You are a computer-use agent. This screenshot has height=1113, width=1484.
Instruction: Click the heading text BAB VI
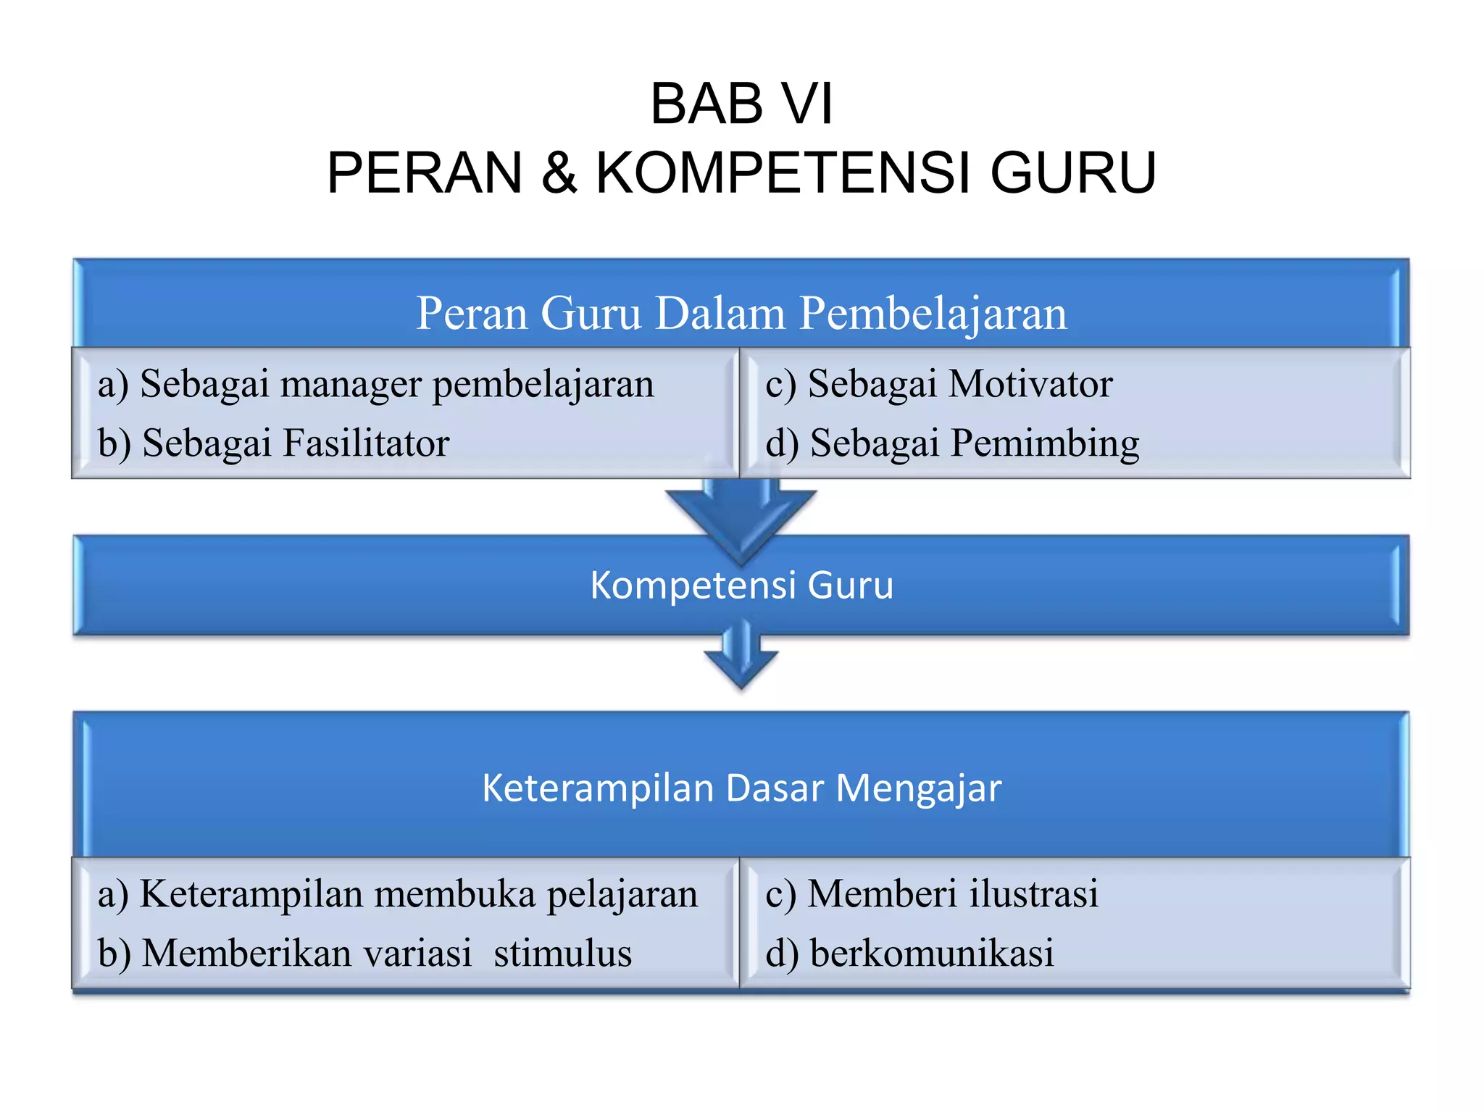[x=741, y=104]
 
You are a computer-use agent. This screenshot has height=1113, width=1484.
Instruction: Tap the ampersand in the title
[x=559, y=173]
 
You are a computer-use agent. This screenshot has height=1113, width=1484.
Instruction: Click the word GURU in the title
[x=1072, y=173]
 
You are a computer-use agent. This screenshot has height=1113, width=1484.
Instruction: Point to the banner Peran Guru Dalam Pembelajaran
[x=741, y=313]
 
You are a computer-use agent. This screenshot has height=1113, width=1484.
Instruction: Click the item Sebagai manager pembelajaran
[x=377, y=384]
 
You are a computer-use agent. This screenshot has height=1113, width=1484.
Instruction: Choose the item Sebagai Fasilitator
[x=274, y=443]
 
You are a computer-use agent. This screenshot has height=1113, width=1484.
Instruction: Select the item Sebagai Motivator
[x=939, y=384]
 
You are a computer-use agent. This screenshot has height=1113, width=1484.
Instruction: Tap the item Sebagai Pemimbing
[x=952, y=443]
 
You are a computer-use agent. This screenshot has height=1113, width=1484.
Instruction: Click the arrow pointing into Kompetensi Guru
[x=741, y=518]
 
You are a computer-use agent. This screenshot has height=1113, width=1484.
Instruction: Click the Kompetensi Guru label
[x=741, y=585]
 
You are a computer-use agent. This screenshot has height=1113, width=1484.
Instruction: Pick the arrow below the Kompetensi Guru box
[x=741, y=659]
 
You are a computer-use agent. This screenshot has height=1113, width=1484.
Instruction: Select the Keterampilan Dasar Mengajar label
[x=741, y=788]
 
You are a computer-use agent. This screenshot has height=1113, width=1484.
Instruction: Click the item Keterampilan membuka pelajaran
[x=399, y=894]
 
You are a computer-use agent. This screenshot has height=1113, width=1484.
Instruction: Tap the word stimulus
[x=562, y=954]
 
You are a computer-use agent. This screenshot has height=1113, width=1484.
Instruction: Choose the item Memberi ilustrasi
[x=932, y=894]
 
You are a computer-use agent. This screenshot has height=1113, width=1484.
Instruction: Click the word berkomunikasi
[x=932, y=954]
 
